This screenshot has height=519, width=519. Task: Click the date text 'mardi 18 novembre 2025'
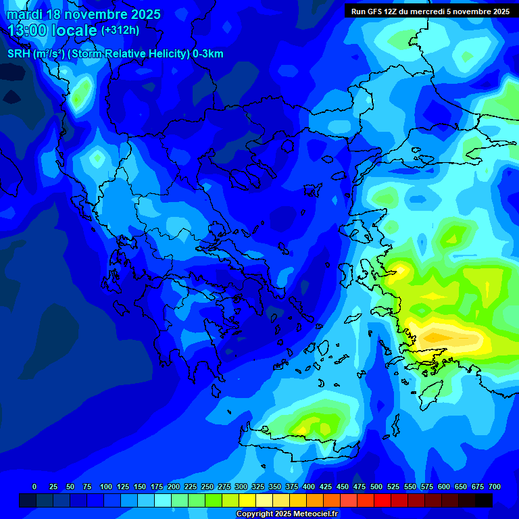[84, 14]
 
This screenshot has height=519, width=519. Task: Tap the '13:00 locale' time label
[53, 30]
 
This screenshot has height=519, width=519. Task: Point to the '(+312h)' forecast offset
[120, 30]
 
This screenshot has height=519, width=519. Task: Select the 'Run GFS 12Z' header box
[430, 11]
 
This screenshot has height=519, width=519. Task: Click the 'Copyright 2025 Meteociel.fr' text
[287, 514]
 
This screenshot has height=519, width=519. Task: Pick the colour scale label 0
[34, 487]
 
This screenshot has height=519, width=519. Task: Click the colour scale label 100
[106, 487]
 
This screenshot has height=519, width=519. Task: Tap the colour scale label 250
[207, 487]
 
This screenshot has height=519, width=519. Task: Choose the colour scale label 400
[309, 487]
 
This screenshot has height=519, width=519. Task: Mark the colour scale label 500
[376, 487]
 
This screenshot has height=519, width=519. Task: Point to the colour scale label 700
[495, 487]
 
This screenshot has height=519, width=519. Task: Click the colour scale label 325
[258, 487]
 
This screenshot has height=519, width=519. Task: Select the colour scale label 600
[444, 487]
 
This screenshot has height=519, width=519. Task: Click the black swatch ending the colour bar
[484, 500]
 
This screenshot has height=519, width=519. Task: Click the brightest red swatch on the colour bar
[382, 500]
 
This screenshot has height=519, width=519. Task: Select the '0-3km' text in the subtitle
[207, 54]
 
